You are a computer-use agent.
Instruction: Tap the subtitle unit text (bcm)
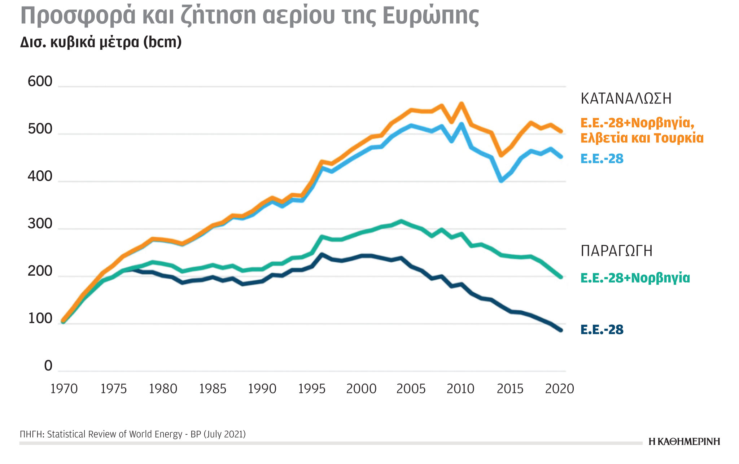coord(162,42)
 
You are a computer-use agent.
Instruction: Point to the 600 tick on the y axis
coord(40,82)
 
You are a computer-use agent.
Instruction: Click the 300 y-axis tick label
coord(40,224)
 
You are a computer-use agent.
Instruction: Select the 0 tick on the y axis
coord(48,366)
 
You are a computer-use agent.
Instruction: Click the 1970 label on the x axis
coord(64,389)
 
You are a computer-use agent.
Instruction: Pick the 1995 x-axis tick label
coord(312,389)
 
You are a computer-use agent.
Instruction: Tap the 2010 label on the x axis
coord(460,389)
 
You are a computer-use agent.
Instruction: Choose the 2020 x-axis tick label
coord(559,389)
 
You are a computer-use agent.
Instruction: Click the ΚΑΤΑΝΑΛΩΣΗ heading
coord(626,99)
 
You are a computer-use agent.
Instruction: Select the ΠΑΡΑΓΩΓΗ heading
coord(617,251)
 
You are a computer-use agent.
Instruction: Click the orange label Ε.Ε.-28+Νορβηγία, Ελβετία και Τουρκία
coord(642,130)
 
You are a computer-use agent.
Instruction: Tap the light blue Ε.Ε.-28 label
coord(602,159)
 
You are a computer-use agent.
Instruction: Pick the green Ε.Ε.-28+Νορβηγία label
coord(635,278)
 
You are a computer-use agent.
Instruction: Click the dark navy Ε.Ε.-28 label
coord(602,329)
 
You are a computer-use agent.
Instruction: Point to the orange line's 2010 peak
coord(461,104)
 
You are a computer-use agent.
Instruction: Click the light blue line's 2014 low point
coord(501,181)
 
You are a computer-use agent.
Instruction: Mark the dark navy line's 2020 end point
coord(561,330)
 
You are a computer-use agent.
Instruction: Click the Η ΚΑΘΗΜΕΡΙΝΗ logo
coord(684,442)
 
